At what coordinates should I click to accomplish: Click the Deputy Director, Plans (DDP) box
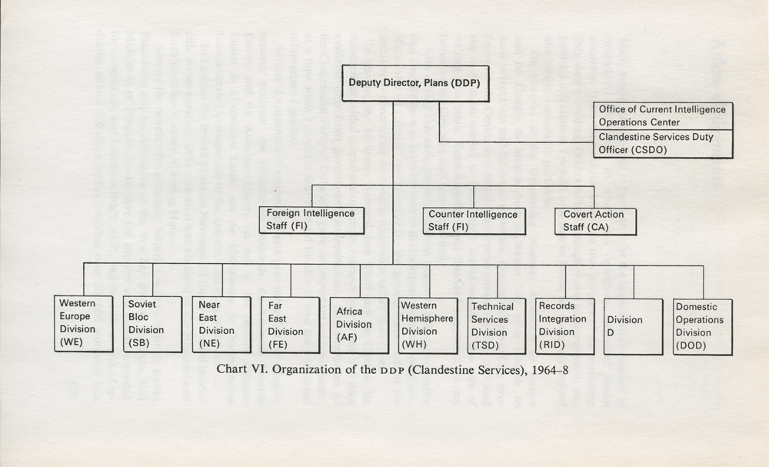click(x=415, y=83)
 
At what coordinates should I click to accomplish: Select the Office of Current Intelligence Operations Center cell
click(x=663, y=116)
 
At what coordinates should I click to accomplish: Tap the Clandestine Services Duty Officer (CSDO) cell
click(x=663, y=144)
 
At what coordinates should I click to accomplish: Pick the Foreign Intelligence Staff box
click(x=312, y=220)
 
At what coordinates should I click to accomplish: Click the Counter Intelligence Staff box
click(x=474, y=221)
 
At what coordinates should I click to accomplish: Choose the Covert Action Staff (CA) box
click(x=595, y=222)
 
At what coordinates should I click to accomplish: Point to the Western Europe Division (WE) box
click(x=83, y=323)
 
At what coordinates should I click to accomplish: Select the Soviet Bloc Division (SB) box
click(x=152, y=324)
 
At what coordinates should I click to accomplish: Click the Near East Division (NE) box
click(x=221, y=324)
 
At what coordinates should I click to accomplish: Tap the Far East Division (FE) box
click(x=291, y=325)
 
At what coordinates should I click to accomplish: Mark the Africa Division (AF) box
click(x=359, y=325)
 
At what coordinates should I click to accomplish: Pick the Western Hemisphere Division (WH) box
click(x=428, y=325)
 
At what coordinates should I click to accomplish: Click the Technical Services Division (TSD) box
click(x=496, y=326)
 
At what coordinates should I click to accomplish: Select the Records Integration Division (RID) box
click(x=565, y=326)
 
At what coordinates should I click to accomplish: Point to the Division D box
click(x=634, y=327)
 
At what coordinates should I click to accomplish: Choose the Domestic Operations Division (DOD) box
click(x=703, y=327)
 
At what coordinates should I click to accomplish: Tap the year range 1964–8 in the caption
click(x=550, y=369)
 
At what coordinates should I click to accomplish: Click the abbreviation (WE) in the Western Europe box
click(x=71, y=342)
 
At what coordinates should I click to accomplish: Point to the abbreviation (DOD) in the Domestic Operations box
click(x=691, y=345)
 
